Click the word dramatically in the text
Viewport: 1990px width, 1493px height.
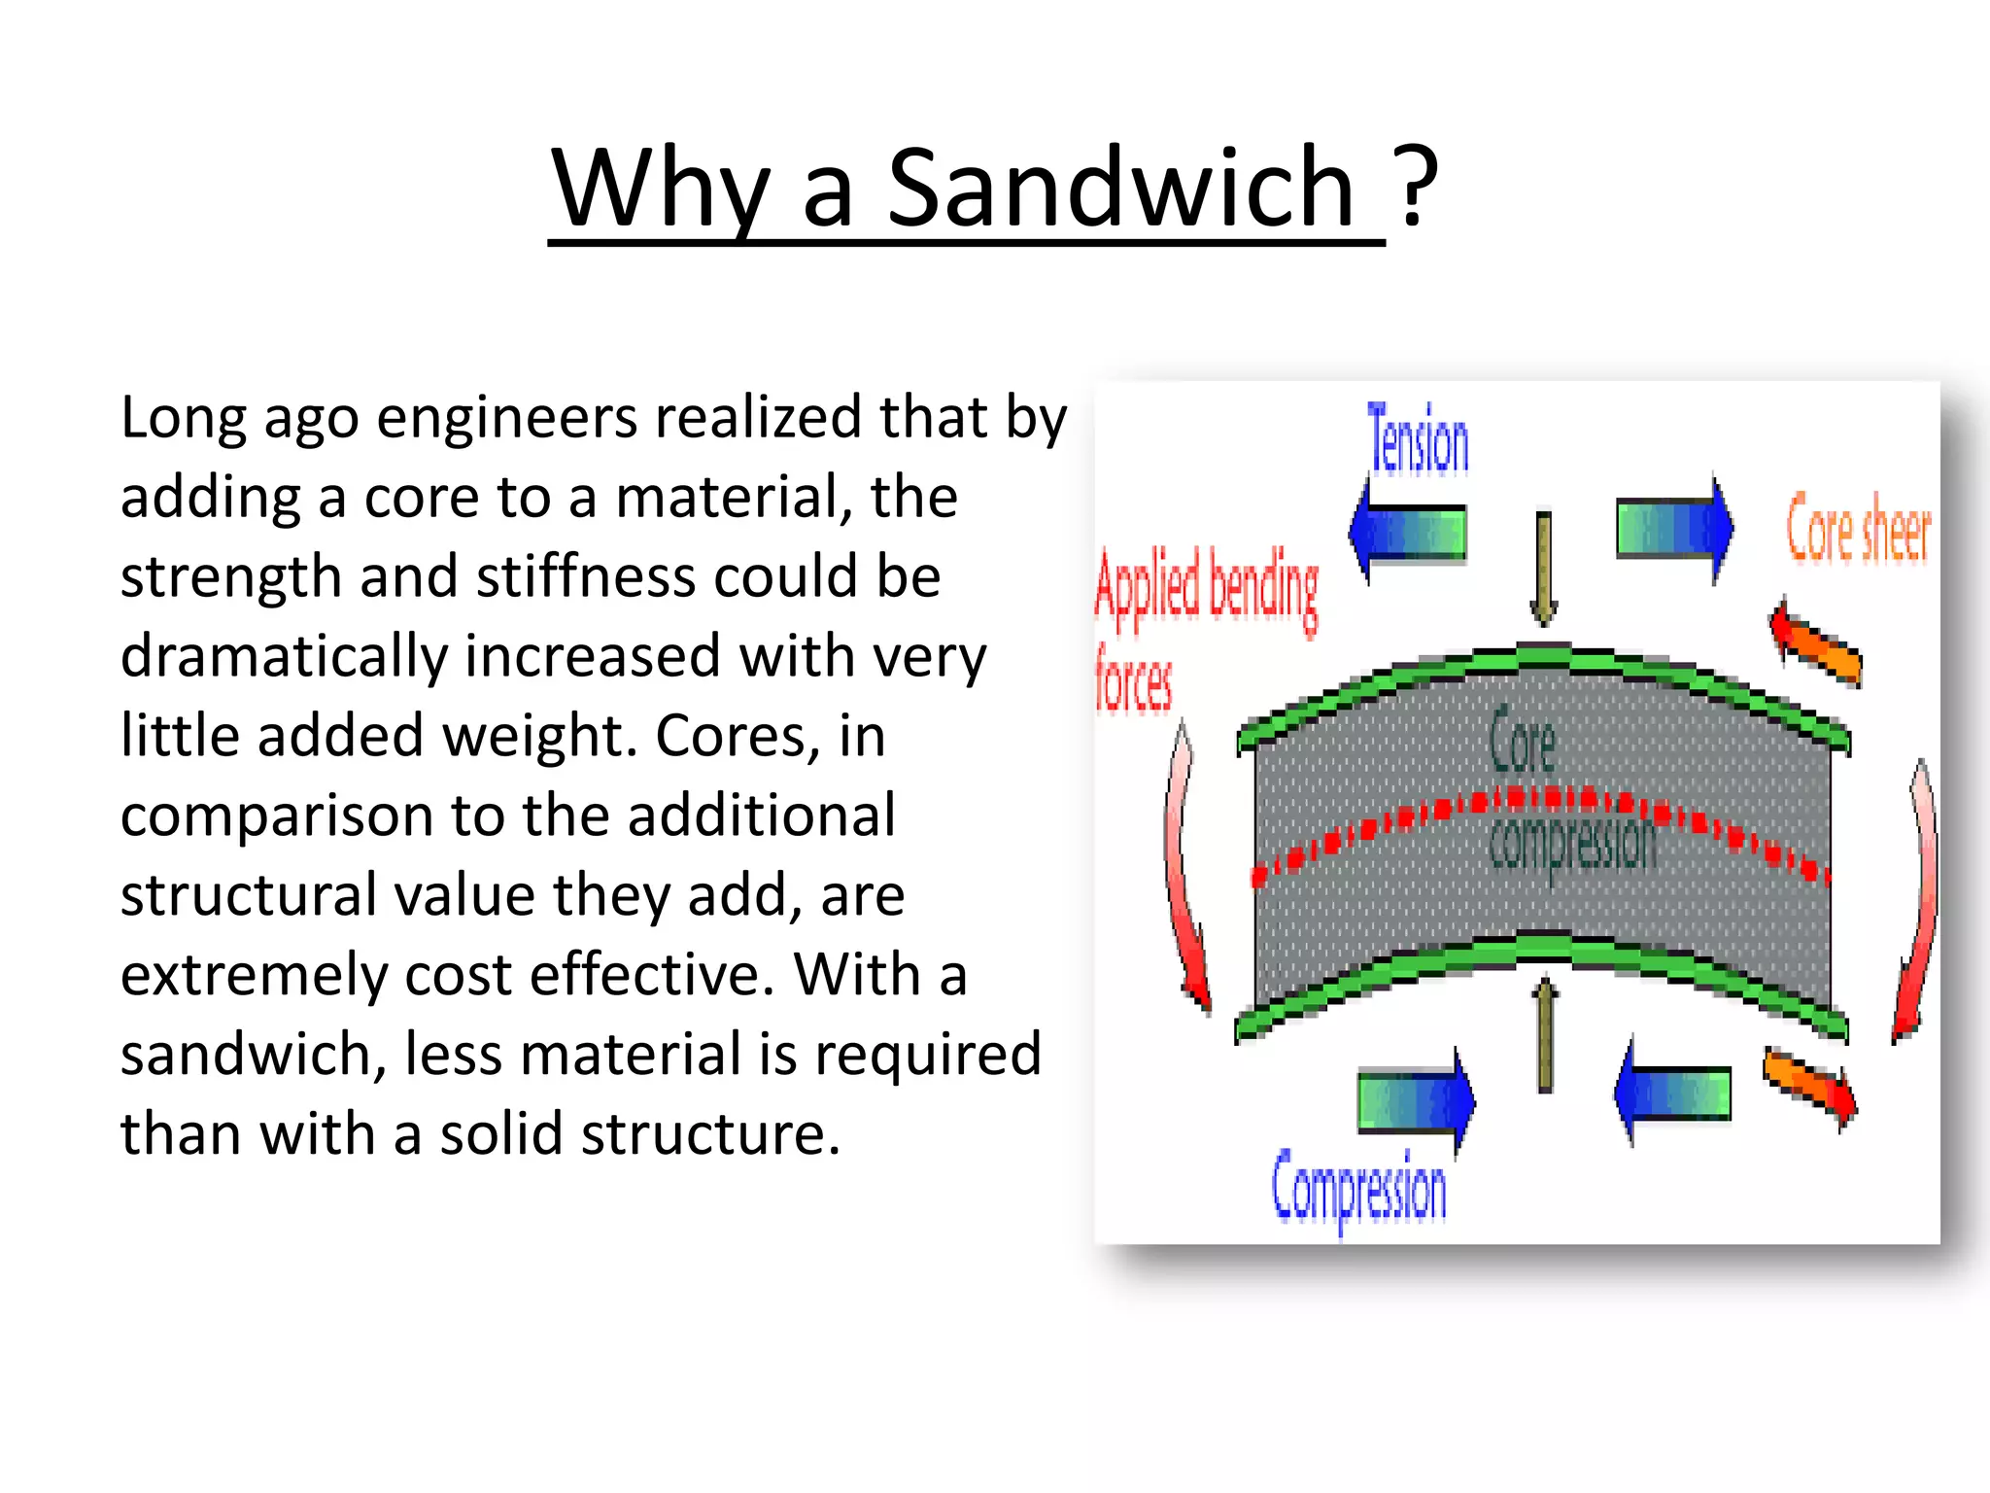click(283, 657)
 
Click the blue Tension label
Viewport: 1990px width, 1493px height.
click(1418, 440)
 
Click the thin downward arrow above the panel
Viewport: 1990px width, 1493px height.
click(1543, 569)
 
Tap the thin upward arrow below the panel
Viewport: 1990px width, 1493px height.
click(1544, 1035)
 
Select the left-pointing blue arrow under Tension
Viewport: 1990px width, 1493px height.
click(1408, 532)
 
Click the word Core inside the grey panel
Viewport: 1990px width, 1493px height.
click(1522, 742)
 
